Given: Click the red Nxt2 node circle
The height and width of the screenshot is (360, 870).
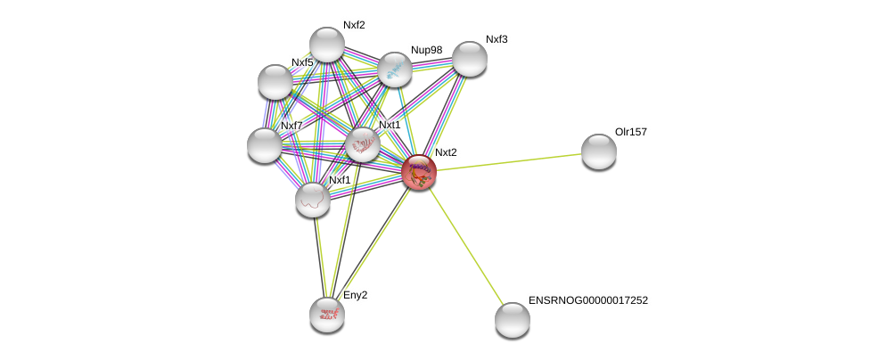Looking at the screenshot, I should pyautogui.click(x=418, y=172).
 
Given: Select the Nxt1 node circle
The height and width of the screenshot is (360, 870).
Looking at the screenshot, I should pyautogui.click(x=363, y=144).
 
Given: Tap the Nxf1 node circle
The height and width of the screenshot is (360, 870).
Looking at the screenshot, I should pyautogui.click(x=313, y=199).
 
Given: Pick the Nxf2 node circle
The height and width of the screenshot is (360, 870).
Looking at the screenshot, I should pyautogui.click(x=327, y=45).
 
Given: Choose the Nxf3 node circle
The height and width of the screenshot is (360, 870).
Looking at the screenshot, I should pyautogui.click(x=470, y=59).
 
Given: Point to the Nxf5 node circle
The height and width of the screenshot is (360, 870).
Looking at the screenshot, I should pyautogui.click(x=275, y=82).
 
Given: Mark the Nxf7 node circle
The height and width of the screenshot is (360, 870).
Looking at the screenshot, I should pyautogui.click(x=265, y=145).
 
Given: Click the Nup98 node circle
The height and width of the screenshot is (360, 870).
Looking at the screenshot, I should pyautogui.click(x=395, y=70).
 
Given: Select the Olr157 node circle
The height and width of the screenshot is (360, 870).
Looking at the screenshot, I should pyautogui.click(x=599, y=151).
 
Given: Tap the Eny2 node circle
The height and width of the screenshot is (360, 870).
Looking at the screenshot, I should pyautogui.click(x=327, y=314).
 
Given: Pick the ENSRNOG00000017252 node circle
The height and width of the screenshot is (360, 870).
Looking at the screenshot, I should pyautogui.click(x=513, y=319).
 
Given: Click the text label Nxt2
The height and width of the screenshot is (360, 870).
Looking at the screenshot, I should pyautogui.click(x=446, y=152).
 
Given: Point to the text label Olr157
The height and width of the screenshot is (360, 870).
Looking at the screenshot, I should pyautogui.click(x=631, y=132).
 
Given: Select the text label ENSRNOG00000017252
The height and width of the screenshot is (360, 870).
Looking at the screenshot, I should pyautogui.click(x=588, y=300).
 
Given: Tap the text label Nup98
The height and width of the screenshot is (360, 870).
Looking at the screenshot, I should pyautogui.click(x=426, y=50).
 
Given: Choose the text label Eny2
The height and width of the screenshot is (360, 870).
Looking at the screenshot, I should pyautogui.click(x=355, y=295).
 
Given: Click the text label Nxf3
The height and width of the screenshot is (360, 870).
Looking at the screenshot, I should pyautogui.click(x=497, y=39).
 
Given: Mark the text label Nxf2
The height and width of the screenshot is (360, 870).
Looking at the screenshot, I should pyautogui.click(x=354, y=25).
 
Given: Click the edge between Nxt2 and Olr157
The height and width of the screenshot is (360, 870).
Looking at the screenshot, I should pyautogui.click(x=508, y=161).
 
